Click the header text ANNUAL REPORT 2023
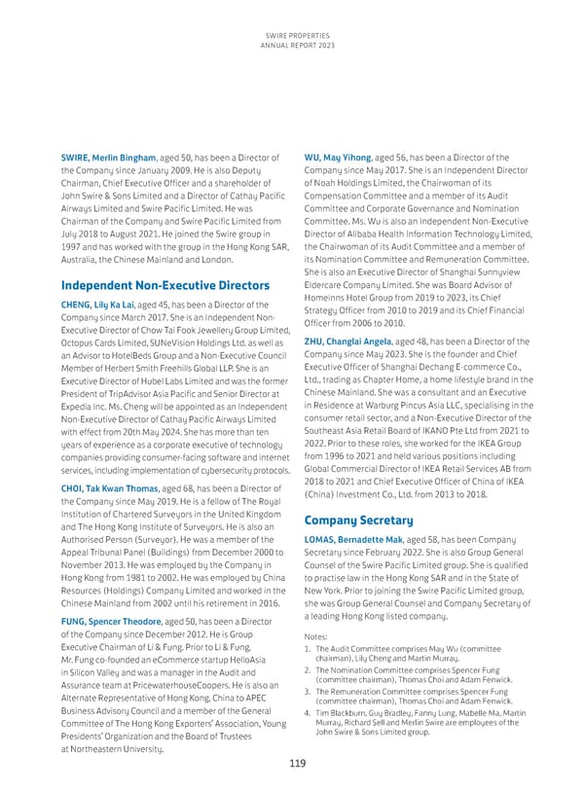click(292, 46)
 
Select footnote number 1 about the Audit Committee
click(308, 649)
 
